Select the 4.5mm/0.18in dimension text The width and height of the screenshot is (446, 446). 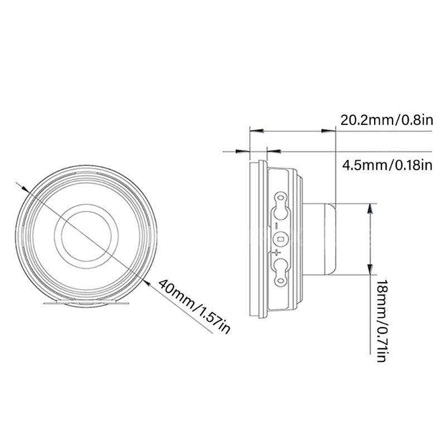387,165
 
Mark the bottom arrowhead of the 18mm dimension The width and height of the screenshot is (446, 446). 370,269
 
